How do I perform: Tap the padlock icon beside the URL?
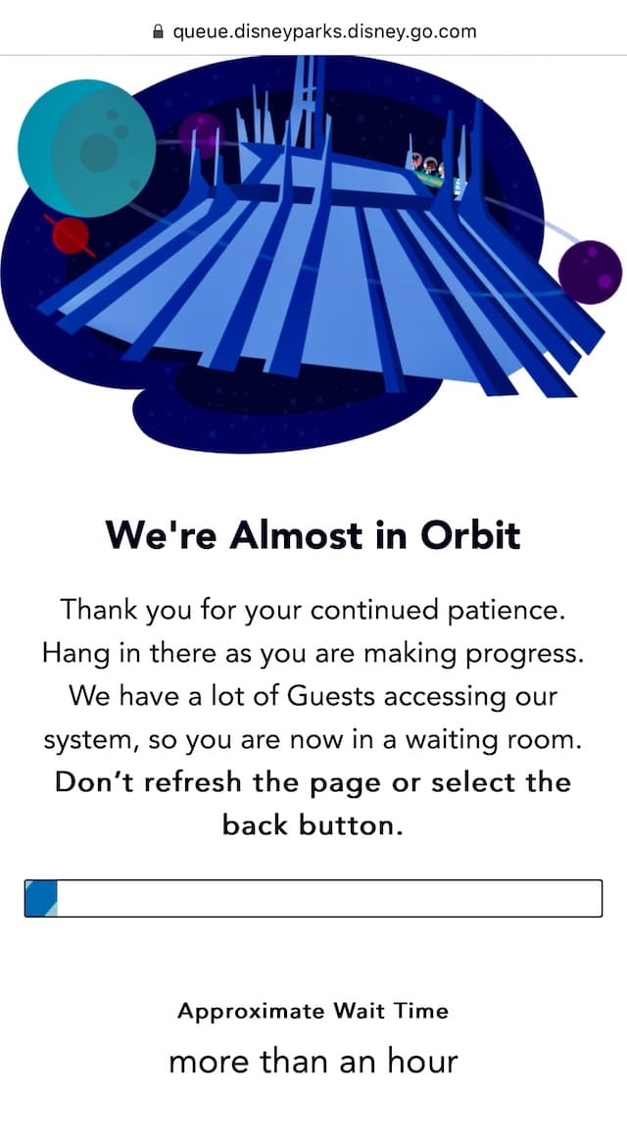(x=157, y=31)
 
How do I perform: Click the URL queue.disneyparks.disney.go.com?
(x=324, y=32)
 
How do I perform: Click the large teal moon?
(x=87, y=148)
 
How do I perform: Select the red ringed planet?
(x=71, y=236)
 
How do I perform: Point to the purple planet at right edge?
(x=590, y=272)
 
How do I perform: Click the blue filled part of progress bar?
(x=42, y=898)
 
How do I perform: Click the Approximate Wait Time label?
(x=313, y=1011)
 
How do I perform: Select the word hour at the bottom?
(x=421, y=1062)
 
